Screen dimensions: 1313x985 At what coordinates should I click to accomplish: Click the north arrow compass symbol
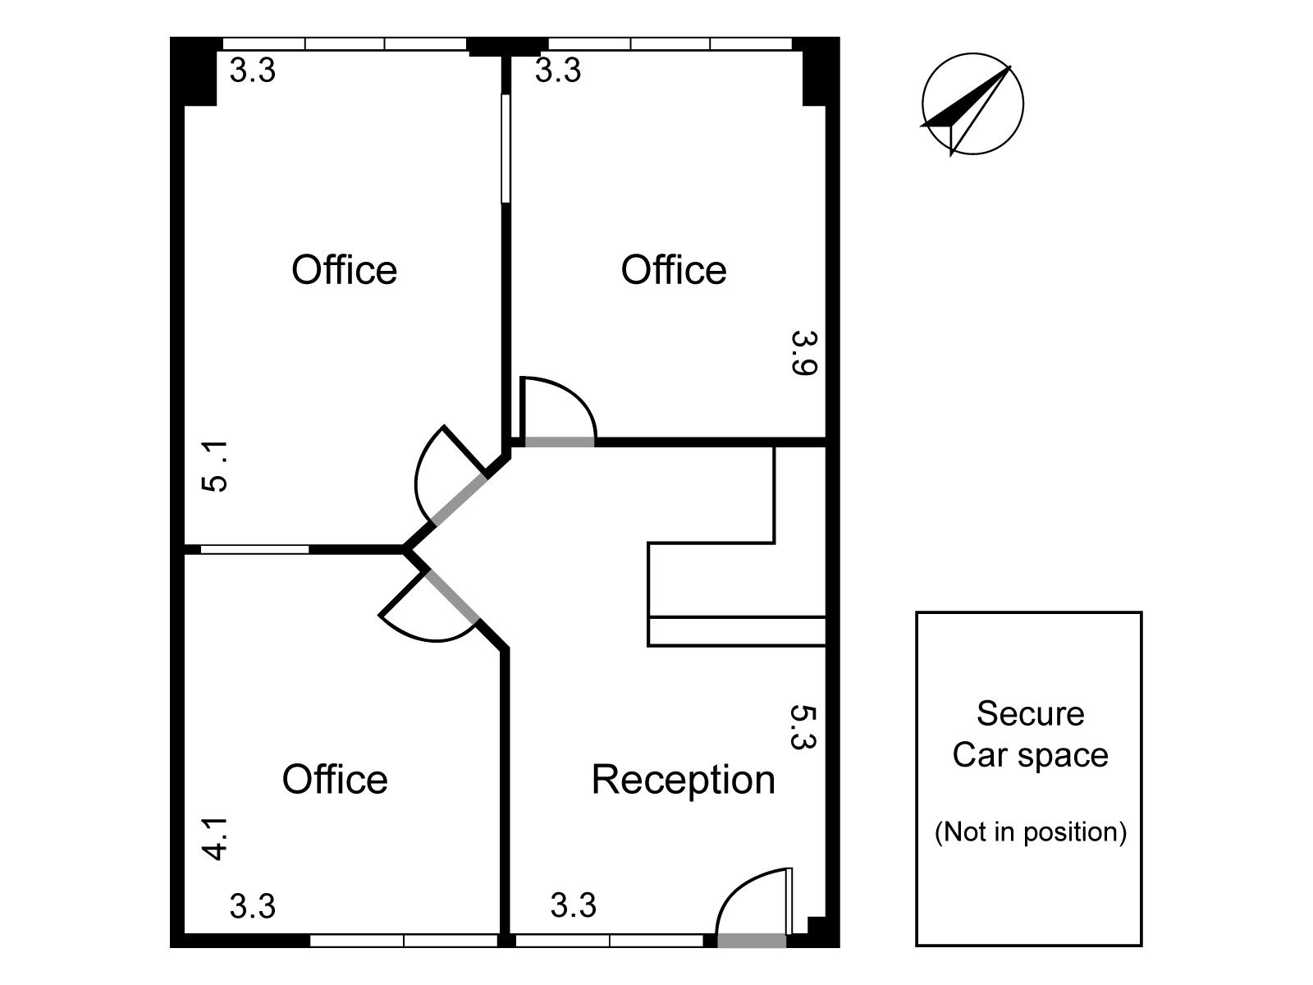pos(972,105)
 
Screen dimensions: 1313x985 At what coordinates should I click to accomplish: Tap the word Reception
pos(683,781)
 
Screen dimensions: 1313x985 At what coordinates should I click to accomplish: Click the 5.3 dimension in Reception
pos(803,727)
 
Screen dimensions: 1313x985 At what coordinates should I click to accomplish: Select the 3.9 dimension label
pos(804,353)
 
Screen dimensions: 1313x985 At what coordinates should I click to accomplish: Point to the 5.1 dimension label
pos(215,466)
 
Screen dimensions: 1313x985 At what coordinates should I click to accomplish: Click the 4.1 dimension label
pos(215,838)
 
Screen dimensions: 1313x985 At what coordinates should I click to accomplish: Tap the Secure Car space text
pos(1030,734)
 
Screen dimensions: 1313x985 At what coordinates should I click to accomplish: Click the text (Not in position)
pos(1030,832)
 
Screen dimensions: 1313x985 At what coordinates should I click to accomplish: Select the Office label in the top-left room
pos(344,270)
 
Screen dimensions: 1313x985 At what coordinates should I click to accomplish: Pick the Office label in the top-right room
pos(674,270)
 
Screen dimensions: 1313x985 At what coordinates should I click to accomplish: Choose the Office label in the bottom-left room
pos(334,779)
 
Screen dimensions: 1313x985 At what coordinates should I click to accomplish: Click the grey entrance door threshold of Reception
pos(752,941)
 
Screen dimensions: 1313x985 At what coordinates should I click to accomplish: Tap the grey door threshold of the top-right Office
pos(560,442)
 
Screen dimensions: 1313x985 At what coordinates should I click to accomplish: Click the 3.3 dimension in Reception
pos(573,905)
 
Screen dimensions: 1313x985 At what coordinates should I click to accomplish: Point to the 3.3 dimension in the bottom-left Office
pos(253,906)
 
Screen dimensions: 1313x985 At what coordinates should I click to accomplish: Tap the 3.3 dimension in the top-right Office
pos(557,70)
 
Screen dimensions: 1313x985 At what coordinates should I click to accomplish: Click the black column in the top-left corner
pos(193,71)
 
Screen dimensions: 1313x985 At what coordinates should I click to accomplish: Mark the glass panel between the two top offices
pos(506,149)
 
